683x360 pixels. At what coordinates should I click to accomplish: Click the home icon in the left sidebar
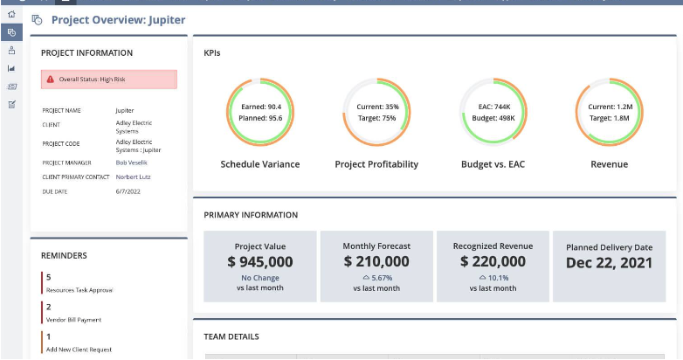(x=11, y=14)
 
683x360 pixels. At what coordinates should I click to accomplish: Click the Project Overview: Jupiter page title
(x=118, y=19)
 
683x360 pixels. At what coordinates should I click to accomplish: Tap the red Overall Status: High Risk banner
(x=109, y=80)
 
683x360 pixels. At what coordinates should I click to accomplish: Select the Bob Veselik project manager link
(x=132, y=163)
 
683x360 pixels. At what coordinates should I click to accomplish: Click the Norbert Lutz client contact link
(x=135, y=177)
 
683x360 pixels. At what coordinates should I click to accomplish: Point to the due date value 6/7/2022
(x=128, y=191)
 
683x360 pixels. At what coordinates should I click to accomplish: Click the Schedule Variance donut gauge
(x=259, y=112)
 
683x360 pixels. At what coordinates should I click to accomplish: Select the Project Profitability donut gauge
(x=376, y=112)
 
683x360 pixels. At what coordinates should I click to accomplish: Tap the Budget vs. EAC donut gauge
(x=493, y=112)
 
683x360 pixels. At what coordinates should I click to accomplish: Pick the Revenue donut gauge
(x=609, y=112)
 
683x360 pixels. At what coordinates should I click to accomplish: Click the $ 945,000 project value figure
(x=260, y=261)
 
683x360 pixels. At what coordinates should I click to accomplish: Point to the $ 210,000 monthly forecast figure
(x=376, y=261)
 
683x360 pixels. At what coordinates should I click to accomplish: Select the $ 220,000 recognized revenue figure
(x=493, y=261)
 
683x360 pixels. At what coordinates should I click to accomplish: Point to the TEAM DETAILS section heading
(x=231, y=336)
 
